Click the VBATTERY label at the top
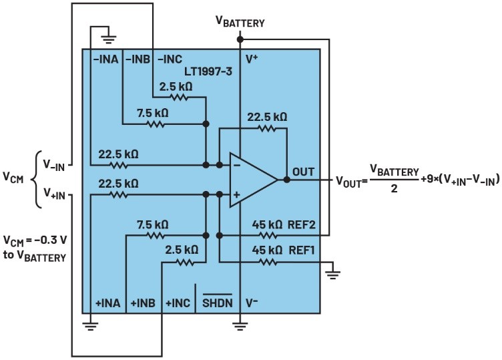pos(240,21)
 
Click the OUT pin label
pos(302,172)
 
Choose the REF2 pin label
pos(302,225)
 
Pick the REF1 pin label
pos(302,252)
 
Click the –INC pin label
pos(170,59)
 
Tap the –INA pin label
pos(106,59)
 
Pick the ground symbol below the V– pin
pos(240,327)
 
